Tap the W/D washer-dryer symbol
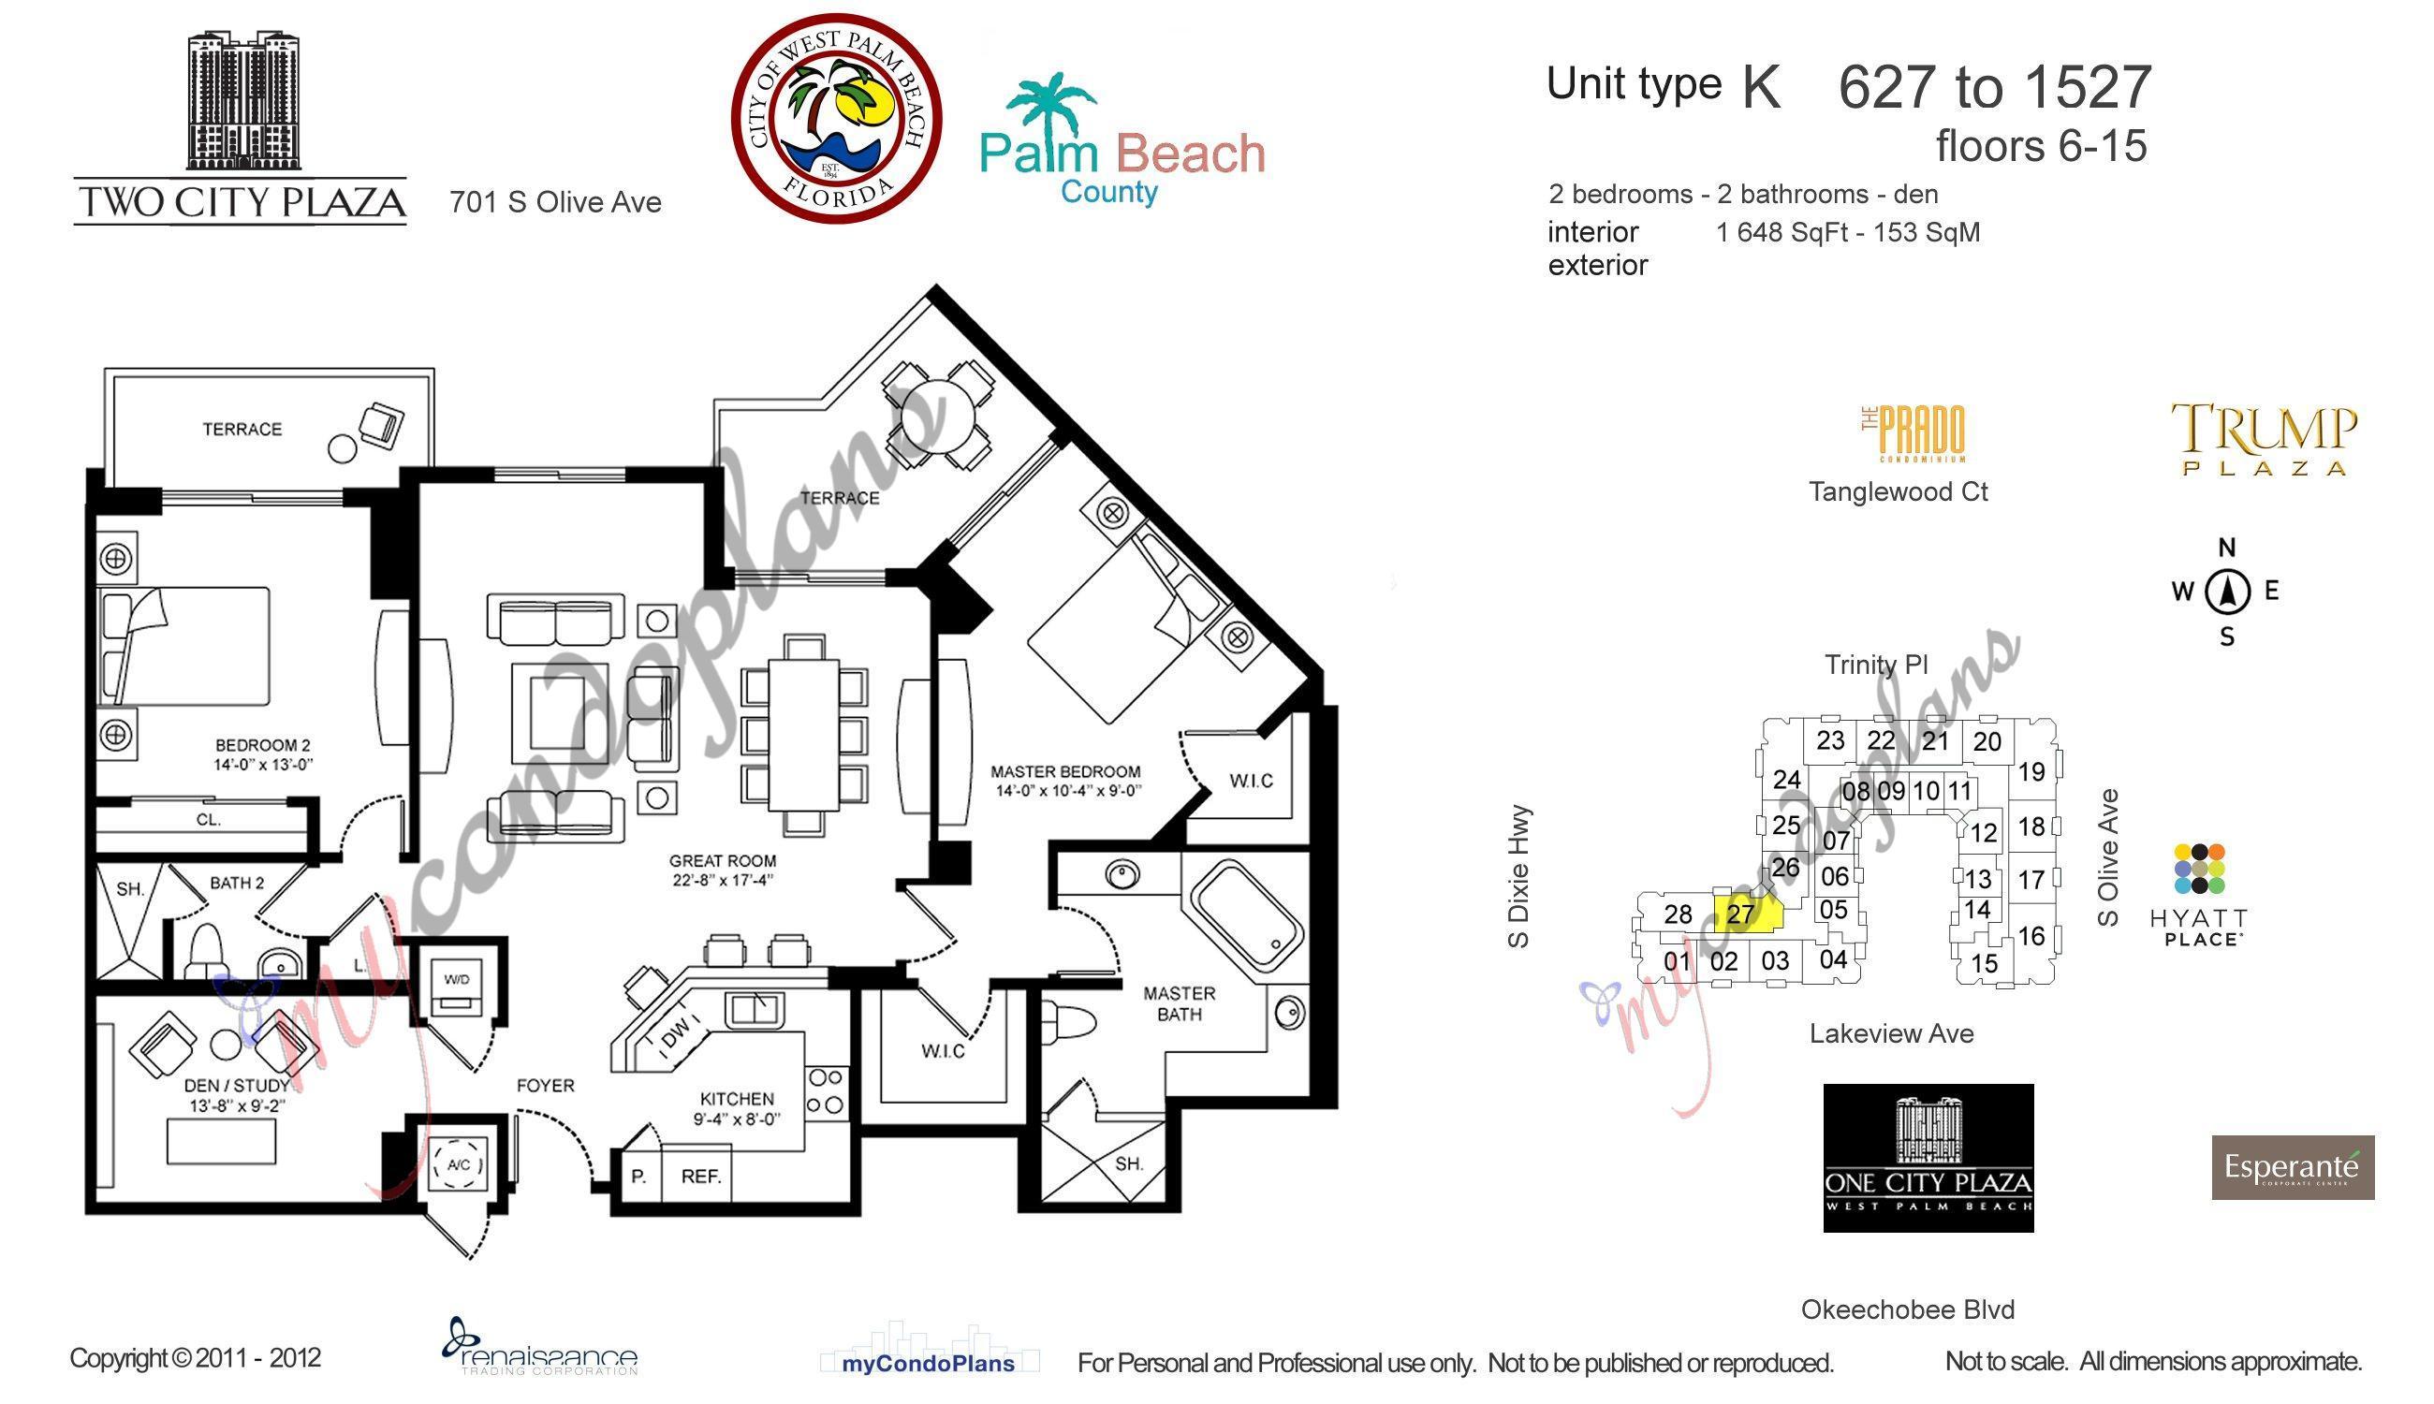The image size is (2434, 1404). tap(456, 989)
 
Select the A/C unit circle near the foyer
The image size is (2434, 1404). tap(459, 1165)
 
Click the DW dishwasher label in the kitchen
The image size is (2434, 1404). tap(676, 1033)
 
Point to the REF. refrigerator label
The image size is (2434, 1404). tap(701, 1177)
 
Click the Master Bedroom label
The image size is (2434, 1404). tap(1065, 771)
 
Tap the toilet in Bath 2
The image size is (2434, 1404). tap(206, 949)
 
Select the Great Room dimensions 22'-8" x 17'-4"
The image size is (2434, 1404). tap(723, 881)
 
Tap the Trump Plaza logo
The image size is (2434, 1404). tap(2264, 439)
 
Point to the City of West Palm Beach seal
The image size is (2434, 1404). tap(835, 119)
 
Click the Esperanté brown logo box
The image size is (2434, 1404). tap(2293, 1168)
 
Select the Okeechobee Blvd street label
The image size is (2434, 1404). tap(1907, 1309)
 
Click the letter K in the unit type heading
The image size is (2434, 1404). tap(1761, 87)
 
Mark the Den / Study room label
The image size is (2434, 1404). tap(235, 1085)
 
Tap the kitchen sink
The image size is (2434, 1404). tap(755, 1010)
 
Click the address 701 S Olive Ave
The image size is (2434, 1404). tap(555, 202)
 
